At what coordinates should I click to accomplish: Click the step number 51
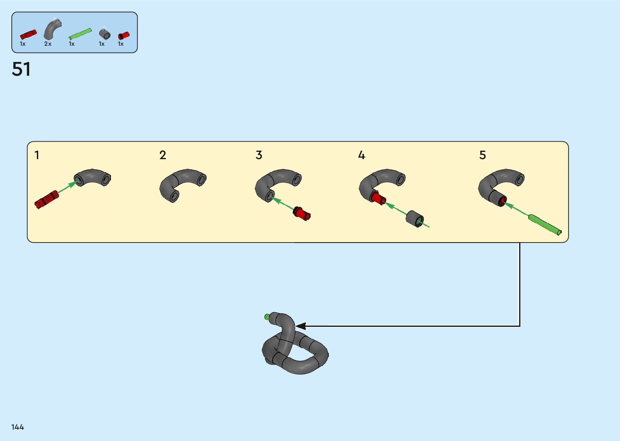coord(21,69)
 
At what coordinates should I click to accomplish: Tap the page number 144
coord(18,427)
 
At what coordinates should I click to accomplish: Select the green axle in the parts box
coord(80,34)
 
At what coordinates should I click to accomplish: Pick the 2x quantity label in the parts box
coord(48,44)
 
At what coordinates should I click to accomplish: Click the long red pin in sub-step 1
coord(47,199)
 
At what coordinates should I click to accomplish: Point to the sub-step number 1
coord(37,155)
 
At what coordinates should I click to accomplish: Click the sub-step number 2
coord(163,155)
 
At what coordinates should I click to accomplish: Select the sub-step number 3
coord(259,155)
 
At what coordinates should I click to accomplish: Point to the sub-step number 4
coord(362,155)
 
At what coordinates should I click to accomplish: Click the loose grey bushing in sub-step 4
coord(415,219)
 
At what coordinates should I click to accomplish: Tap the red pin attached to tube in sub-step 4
coord(377,198)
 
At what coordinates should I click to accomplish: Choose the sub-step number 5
coord(483,155)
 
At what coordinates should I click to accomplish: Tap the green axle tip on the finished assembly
coord(267,317)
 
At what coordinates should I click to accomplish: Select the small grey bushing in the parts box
coord(104,34)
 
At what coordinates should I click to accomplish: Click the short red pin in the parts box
coord(123,36)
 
